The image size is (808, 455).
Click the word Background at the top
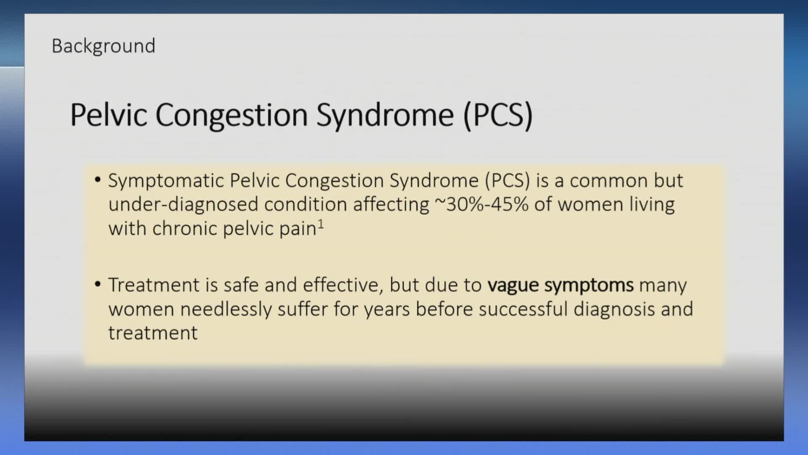[104, 46]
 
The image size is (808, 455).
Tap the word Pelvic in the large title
[109, 115]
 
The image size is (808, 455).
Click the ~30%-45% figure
[481, 204]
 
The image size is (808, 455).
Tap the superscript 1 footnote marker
[321, 224]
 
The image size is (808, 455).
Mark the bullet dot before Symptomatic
[98, 180]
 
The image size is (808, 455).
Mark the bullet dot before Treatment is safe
[98, 284]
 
